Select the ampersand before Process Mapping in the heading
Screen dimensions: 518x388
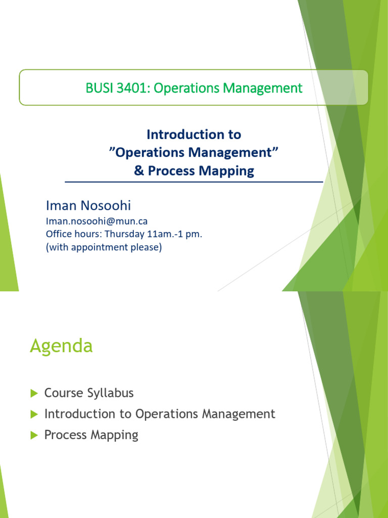tap(138, 171)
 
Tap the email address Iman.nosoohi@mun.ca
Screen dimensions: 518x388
tap(96, 221)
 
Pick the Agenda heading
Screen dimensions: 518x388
tap(61, 347)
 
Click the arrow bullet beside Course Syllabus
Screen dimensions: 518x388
tap(34, 393)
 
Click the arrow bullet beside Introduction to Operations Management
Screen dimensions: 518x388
tap(34, 414)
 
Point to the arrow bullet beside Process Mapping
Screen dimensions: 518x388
tap(34, 436)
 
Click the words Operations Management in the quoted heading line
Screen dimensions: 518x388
tap(194, 153)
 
